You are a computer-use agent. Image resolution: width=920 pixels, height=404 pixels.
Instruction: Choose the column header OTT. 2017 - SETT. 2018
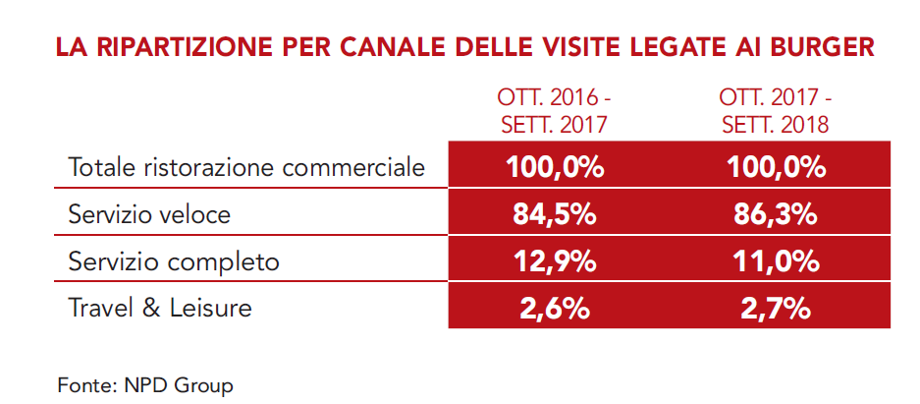click(x=776, y=112)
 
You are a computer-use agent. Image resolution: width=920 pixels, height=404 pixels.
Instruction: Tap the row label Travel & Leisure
click(x=160, y=308)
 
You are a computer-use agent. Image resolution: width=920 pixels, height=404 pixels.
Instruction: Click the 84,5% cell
click(x=555, y=214)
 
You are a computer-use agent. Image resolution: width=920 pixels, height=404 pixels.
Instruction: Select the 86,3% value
click(x=776, y=214)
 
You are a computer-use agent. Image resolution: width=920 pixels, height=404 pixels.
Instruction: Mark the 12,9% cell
click(x=555, y=261)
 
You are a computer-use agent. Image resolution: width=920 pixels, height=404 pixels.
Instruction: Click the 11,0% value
click(x=776, y=261)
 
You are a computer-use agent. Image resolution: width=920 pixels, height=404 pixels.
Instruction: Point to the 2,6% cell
click(x=555, y=309)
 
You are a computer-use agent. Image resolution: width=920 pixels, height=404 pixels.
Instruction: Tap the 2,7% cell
click(x=776, y=309)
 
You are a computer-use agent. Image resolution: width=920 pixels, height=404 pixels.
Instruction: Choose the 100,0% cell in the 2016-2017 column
click(x=555, y=167)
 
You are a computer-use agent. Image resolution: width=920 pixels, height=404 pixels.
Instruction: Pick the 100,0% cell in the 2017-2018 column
click(x=776, y=167)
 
